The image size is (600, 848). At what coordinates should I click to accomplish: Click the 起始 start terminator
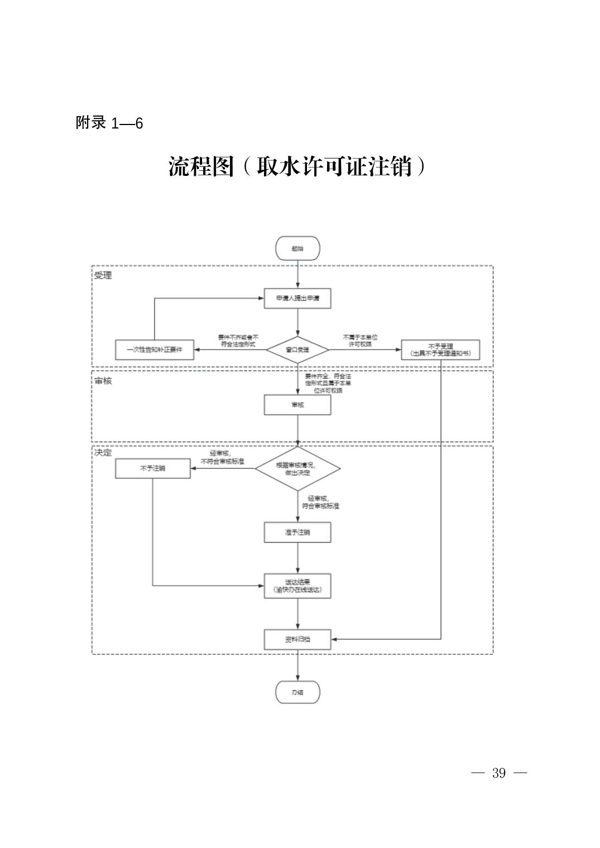tap(297, 248)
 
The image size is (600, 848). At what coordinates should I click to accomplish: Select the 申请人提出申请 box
tap(297, 298)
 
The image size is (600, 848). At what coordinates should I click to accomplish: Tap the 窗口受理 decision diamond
tap(297, 350)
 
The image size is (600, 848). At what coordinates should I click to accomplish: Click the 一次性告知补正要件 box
tap(154, 350)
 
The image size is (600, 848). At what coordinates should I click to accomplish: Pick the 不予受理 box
tap(440, 350)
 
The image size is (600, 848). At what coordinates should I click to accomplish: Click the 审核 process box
tap(297, 405)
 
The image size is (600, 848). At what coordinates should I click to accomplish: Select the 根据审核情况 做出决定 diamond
tap(297, 468)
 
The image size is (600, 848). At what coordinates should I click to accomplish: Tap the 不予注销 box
tap(152, 468)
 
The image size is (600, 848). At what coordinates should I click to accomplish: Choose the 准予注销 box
tap(297, 532)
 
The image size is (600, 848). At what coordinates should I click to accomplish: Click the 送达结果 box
tap(297, 586)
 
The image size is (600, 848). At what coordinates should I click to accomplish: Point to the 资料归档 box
tap(297, 639)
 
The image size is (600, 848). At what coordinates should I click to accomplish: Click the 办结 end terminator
tap(297, 693)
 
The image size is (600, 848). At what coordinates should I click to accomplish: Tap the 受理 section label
tap(103, 275)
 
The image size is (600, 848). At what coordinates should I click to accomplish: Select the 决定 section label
tap(103, 452)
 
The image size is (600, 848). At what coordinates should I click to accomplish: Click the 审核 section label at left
tap(103, 381)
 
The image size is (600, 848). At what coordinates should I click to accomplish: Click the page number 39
tap(499, 773)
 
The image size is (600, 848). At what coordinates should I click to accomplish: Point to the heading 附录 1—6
tap(109, 123)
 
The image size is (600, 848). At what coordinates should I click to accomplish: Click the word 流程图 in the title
tap(201, 166)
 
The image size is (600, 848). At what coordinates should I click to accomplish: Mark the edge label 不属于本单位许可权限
tap(360, 341)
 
